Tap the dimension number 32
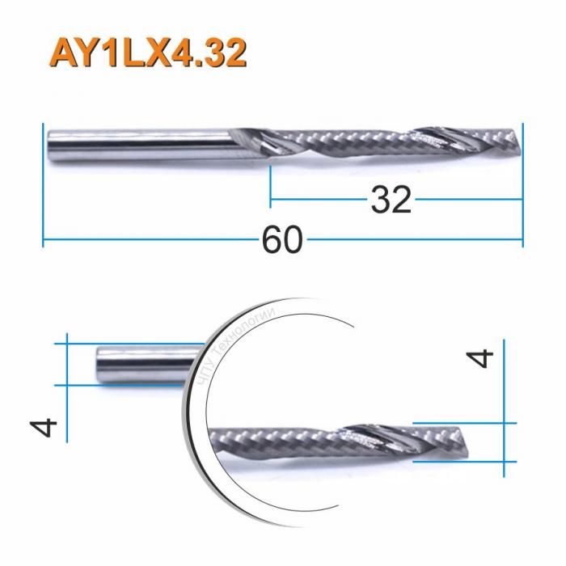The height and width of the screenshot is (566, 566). (391, 199)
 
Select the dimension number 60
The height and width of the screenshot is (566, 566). (282, 240)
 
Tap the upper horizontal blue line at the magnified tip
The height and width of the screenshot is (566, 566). (461, 423)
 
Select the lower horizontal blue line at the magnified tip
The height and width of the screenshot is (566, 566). (461, 462)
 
